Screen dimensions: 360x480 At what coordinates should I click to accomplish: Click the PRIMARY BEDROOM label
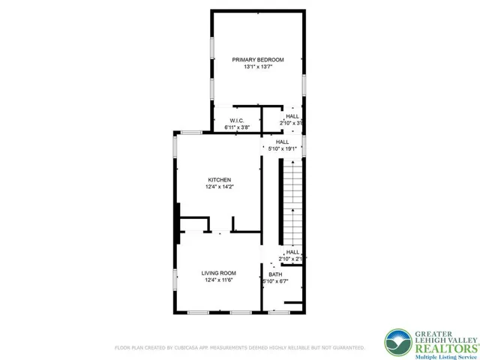[257, 59]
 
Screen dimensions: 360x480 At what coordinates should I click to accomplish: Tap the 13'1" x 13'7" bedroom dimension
[257, 67]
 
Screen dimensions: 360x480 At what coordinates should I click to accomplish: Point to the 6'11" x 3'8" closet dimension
[235, 127]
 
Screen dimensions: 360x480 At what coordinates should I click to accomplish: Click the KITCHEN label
[219, 179]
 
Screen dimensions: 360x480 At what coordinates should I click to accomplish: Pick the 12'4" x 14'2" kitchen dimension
[219, 187]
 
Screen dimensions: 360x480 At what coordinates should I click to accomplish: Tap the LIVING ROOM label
[219, 273]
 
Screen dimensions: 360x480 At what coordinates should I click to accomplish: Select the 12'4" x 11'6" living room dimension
[219, 281]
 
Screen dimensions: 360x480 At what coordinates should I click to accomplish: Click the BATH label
[275, 274]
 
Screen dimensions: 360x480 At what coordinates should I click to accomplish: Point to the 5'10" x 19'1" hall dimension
[283, 148]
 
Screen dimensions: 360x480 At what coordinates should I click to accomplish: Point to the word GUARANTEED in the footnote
[348, 348]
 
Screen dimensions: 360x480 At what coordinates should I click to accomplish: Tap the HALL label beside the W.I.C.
[292, 116]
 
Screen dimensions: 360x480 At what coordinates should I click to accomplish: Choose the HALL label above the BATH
[292, 252]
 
